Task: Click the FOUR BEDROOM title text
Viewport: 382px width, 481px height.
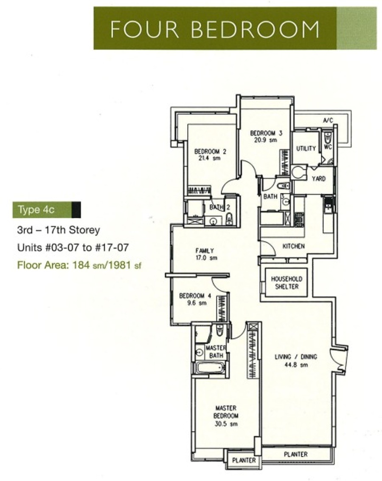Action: click(215, 29)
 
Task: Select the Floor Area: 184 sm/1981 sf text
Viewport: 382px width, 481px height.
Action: click(79, 265)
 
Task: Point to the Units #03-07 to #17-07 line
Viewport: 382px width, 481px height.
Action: click(73, 247)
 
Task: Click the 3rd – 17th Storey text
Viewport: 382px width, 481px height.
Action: click(59, 230)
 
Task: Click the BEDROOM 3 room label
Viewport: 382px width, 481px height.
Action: click(266, 133)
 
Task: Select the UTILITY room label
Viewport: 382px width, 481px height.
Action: click(306, 148)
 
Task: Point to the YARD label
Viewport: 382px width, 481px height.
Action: click(319, 178)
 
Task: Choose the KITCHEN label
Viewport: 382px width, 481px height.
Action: click(293, 246)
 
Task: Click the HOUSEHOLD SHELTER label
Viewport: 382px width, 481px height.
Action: click(286, 283)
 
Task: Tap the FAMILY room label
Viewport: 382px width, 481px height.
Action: click(205, 251)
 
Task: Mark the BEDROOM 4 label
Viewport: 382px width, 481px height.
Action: click(195, 296)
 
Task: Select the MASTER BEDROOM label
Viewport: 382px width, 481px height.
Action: click(226, 412)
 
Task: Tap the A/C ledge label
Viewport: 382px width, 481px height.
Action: click(328, 120)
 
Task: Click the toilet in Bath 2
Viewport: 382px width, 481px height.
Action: click(229, 219)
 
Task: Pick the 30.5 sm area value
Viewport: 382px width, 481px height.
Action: click(226, 424)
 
